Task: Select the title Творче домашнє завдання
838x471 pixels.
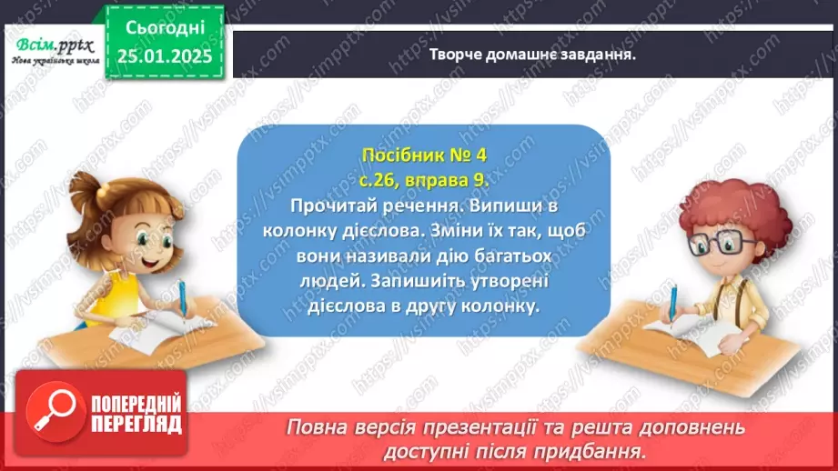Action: [x=531, y=54]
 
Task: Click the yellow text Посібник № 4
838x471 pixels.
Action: [x=423, y=155]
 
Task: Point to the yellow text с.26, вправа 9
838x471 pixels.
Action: [x=423, y=180]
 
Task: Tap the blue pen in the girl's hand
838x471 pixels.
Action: [x=183, y=299]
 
